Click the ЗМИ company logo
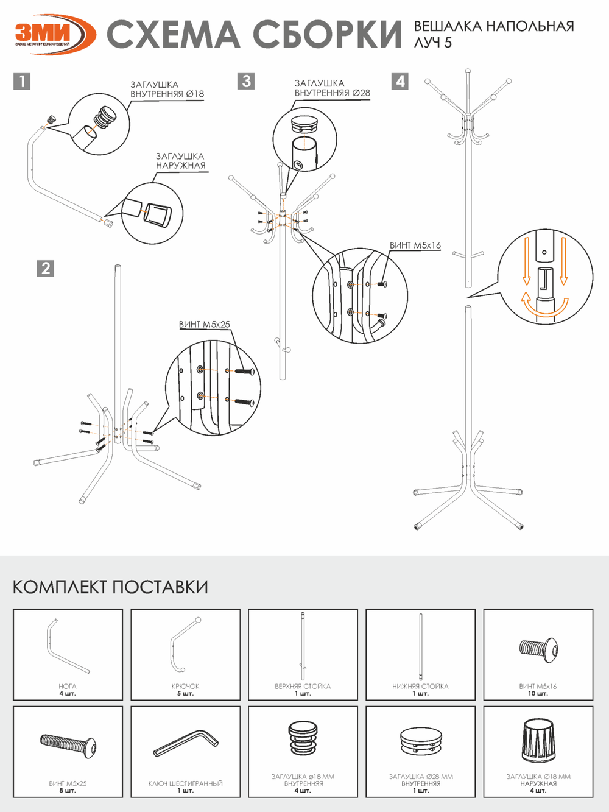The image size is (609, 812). click(x=54, y=34)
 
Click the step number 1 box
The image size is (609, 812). click(x=21, y=81)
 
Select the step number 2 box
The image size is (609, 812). click(x=46, y=268)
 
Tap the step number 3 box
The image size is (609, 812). click(x=246, y=81)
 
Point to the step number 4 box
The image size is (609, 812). click(x=400, y=81)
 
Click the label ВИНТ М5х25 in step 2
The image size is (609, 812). click(x=205, y=325)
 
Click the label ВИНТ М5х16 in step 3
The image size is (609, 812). click(x=415, y=245)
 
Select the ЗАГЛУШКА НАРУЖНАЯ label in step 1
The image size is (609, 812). click(x=180, y=161)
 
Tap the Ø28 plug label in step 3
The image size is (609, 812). click(x=332, y=88)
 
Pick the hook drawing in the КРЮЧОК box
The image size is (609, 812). click(x=185, y=644)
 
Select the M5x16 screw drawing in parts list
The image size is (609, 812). click(x=538, y=649)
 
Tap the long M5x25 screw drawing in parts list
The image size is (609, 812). click(x=68, y=744)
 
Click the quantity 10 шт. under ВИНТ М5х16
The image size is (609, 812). click(x=538, y=693)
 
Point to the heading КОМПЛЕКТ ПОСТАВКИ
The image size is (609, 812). click(x=110, y=587)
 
